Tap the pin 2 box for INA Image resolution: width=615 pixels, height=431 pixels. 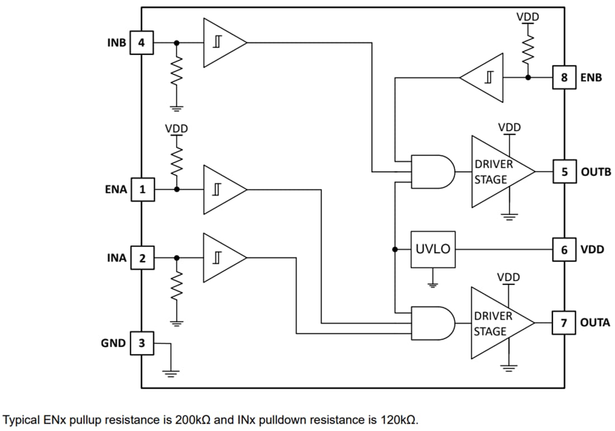tap(142, 258)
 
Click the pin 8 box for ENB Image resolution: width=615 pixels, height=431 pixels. tap(563, 77)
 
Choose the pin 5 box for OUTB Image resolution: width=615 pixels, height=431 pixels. tap(563, 171)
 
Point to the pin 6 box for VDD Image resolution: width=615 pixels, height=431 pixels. tap(563, 249)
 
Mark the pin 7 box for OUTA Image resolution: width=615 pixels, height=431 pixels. tap(563, 322)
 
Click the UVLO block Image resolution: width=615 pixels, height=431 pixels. tap(433, 249)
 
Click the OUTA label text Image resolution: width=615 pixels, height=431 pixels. tap(595, 323)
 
